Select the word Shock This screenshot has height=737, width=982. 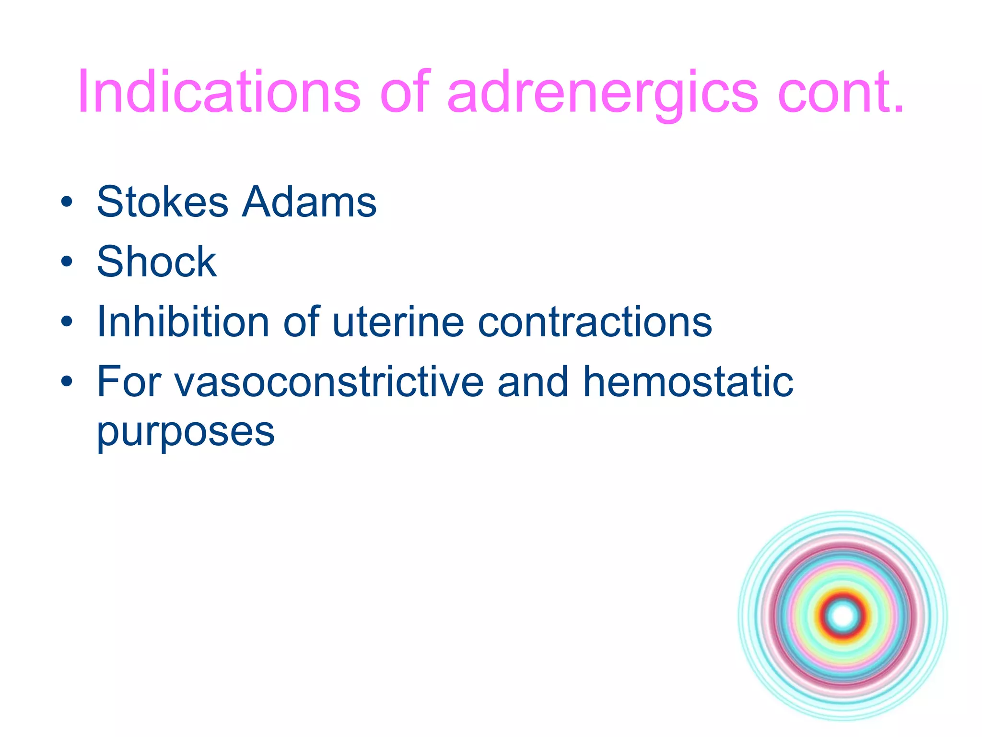point(156,262)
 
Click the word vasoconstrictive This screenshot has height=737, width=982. point(328,382)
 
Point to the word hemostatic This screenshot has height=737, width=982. point(688,382)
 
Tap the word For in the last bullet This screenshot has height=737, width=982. point(127,382)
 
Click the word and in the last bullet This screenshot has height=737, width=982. point(532,382)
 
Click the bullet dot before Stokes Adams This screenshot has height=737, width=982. point(67,202)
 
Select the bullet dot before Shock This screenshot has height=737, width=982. point(67,262)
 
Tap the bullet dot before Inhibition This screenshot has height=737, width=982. point(67,322)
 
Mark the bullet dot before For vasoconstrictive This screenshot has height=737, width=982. point(67,382)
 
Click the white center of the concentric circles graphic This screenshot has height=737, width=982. point(843,616)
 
